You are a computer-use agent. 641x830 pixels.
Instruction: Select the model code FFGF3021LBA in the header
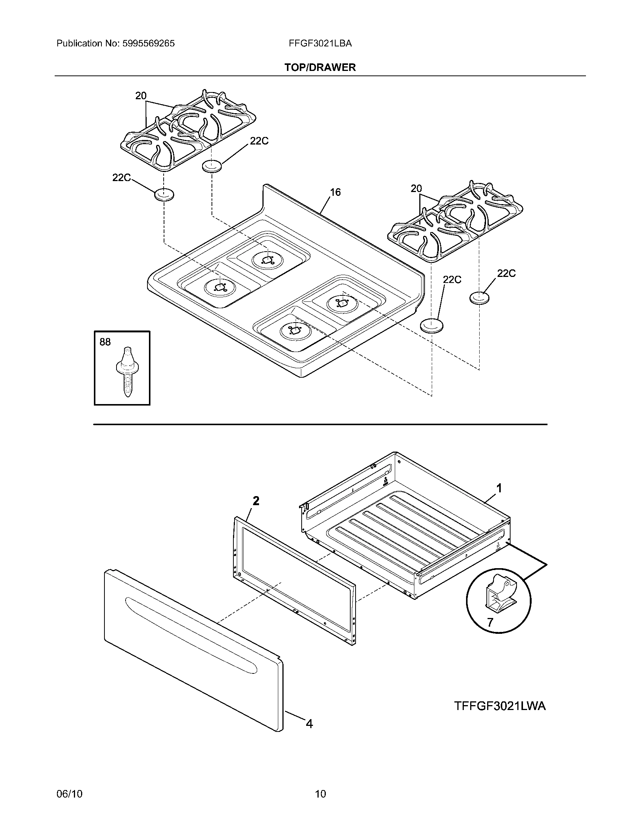[320, 44]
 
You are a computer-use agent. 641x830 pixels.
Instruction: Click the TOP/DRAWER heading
[320, 68]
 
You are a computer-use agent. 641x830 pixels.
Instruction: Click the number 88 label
[105, 342]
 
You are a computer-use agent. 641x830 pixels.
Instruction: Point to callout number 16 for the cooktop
[335, 192]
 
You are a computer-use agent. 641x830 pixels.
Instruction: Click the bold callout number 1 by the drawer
[499, 488]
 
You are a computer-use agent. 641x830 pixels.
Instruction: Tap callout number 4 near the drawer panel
[310, 724]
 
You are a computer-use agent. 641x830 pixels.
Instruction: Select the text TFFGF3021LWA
[500, 706]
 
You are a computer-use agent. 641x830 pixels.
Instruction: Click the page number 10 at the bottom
[320, 793]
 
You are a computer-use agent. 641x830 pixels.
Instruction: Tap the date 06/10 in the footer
[69, 793]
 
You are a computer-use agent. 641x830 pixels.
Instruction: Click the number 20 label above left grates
[141, 96]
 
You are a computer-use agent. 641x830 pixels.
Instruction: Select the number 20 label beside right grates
[416, 189]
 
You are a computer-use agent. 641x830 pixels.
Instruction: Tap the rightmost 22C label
[506, 274]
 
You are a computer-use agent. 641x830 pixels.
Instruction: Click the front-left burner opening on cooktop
[219, 287]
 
